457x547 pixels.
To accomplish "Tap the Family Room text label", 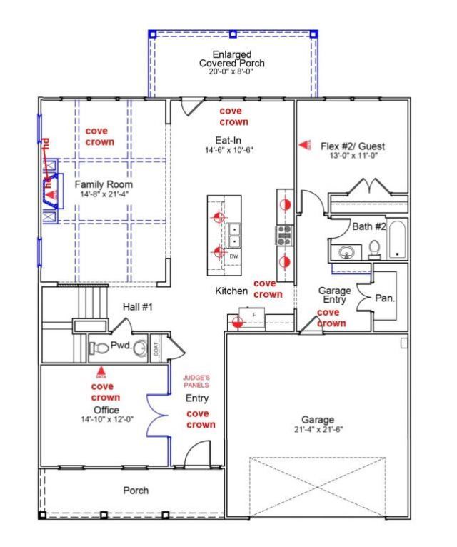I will click(x=104, y=184).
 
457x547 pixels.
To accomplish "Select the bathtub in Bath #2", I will click(x=396, y=241).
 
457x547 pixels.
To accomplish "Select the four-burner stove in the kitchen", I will click(x=284, y=234).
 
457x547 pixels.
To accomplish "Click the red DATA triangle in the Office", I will click(x=101, y=371).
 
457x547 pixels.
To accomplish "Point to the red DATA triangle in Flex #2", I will click(x=304, y=145).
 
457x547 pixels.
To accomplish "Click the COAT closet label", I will click(x=156, y=348).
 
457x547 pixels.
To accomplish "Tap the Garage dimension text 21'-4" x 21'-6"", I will click(x=317, y=430).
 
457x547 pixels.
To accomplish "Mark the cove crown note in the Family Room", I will click(x=99, y=136).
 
